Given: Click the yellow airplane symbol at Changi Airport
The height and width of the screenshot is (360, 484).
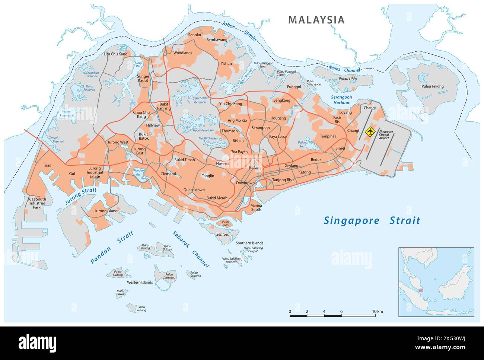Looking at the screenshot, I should point(369,131).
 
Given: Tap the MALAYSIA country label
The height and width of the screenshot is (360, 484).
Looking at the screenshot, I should point(316,20).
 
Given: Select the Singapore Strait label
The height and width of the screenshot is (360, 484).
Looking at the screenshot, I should point(372,220).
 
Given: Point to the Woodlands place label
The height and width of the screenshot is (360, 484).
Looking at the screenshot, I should point(183,53).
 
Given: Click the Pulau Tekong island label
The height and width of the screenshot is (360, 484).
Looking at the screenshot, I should point(432,86).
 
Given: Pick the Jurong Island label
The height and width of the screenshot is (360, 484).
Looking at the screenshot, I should point(106,211).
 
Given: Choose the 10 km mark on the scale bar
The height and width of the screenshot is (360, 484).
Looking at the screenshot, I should point(375,312).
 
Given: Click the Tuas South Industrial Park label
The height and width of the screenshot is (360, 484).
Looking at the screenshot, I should point(36,203).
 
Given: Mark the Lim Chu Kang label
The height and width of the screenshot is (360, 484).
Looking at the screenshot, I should point(115,54).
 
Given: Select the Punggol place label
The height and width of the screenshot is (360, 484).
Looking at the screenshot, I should point(294,87).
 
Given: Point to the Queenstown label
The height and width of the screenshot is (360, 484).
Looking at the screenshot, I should point(194,190).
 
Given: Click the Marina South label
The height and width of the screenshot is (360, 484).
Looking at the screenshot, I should point(256,207).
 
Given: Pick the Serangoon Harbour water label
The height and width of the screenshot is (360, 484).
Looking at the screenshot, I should point(341,99).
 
